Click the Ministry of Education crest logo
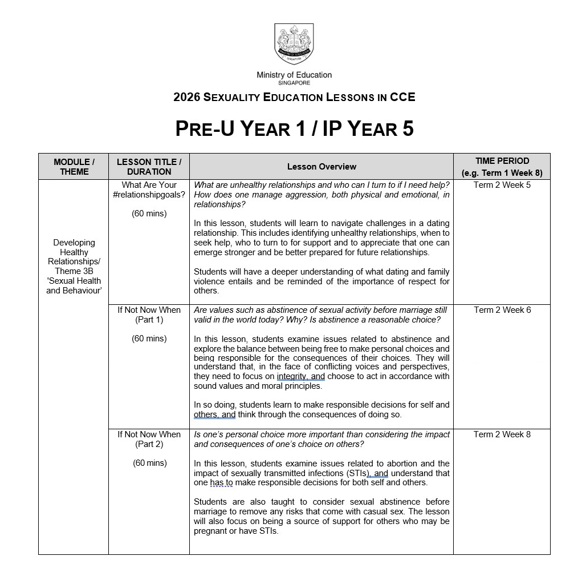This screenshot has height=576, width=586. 294,45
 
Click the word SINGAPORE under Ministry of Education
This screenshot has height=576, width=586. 294,83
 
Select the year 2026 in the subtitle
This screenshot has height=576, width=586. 187,97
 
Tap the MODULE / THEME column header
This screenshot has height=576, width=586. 74,167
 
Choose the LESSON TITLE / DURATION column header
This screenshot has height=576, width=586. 149,167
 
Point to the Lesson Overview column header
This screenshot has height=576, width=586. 322,167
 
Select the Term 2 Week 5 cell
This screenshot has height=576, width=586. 502,185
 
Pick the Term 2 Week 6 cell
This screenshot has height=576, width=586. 502,310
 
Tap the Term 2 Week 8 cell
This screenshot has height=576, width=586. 502,434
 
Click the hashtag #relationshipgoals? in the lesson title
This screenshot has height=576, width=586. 149,195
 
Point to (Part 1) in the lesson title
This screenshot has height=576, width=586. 149,320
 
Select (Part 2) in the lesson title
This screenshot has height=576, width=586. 149,444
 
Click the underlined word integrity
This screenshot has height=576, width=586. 292,377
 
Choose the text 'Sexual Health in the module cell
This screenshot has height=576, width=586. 74,281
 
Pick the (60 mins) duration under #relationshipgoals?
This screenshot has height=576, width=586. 149,214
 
